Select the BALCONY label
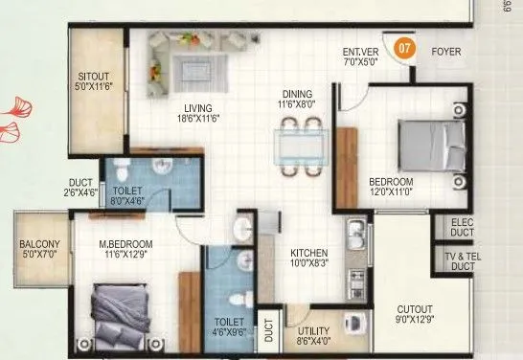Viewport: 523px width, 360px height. point(39,244)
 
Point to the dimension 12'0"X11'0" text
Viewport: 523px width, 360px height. point(392,191)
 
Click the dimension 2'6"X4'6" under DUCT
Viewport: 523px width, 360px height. point(80,192)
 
